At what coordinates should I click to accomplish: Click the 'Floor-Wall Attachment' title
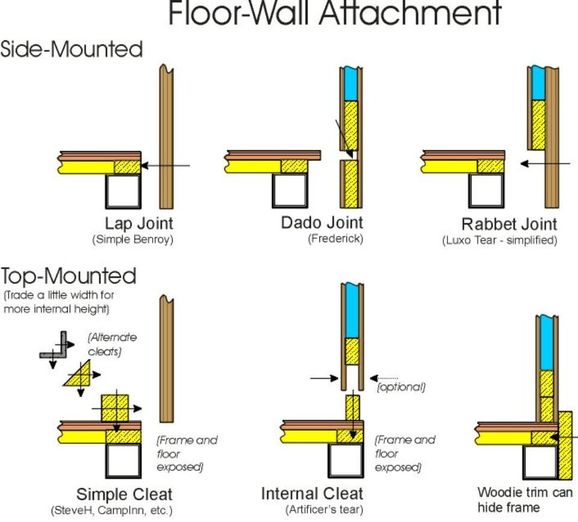click(334, 14)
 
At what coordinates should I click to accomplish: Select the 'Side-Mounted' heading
click(72, 49)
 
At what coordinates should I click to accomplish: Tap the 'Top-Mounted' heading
click(69, 276)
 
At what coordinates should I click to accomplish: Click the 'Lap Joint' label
click(131, 224)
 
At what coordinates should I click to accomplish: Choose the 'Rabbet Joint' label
click(509, 224)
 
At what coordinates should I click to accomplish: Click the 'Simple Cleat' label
click(125, 495)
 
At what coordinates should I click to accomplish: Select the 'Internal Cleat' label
click(312, 494)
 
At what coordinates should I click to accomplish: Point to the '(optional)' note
click(401, 387)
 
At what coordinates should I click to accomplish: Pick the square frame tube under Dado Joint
click(290, 191)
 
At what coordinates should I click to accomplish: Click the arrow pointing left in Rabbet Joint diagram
click(545, 163)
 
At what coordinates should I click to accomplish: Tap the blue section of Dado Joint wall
click(351, 84)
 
